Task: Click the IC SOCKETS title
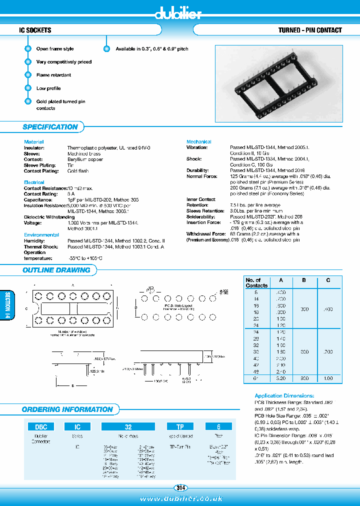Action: coord(35,30)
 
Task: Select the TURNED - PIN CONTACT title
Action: coord(310,30)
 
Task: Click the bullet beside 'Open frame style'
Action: coord(28,49)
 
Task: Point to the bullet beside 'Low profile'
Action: coord(28,88)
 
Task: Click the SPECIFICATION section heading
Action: coord(50,127)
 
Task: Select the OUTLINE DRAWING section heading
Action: coord(56,270)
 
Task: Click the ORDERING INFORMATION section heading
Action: coord(67,409)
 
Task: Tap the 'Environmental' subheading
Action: coord(41,234)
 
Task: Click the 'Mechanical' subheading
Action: coord(198,142)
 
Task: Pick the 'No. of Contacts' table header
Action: coord(256,283)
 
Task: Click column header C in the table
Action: coord(328,280)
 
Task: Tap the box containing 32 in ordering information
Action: coord(128,427)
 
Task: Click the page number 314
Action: coord(180,487)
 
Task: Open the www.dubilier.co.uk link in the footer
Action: coord(180,499)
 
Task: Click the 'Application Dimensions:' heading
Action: coord(284,395)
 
